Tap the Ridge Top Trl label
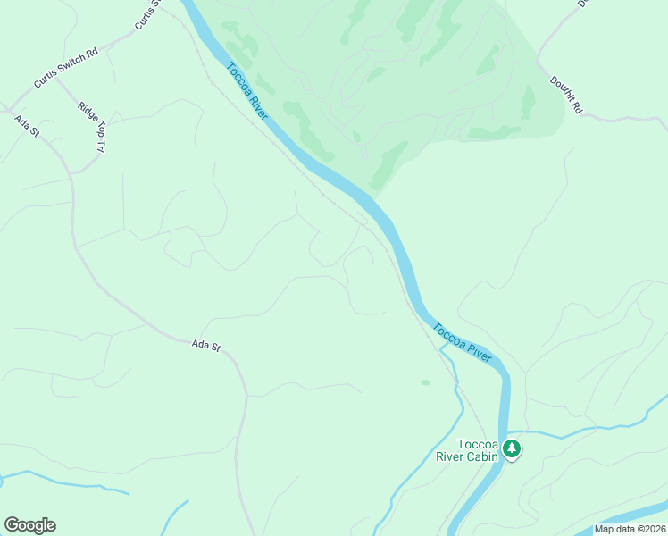(93, 124)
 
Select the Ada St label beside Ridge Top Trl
(27, 125)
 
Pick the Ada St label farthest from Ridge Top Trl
(205, 345)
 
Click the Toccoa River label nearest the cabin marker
(462, 342)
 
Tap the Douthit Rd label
(565, 95)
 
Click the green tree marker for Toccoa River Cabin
(511, 448)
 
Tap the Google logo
(29, 525)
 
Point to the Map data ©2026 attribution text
(630, 529)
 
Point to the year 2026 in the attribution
(653, 529)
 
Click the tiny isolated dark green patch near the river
(425, 382)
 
